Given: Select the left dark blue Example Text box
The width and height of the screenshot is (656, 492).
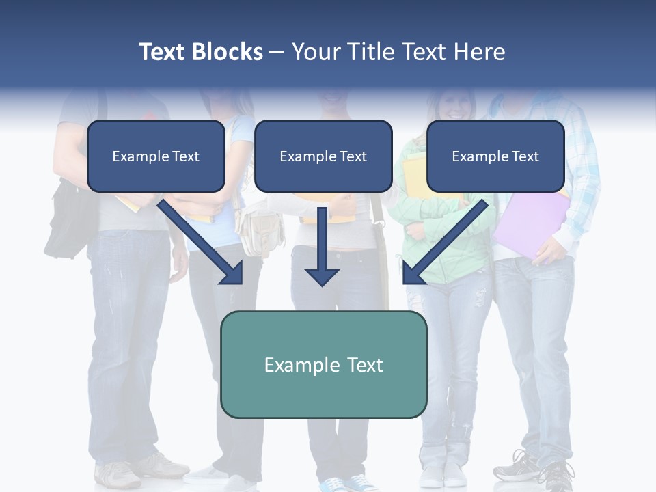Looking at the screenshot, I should [x=156, y=156].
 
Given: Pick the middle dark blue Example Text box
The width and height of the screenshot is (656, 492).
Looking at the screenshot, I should [x=323, y=156].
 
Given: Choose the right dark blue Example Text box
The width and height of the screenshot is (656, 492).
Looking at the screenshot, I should [x=495, y=156].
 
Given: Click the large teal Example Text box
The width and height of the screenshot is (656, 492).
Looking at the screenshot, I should [x=323, y=364].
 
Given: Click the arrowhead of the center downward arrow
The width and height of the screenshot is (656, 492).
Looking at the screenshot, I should [x=322, y=276].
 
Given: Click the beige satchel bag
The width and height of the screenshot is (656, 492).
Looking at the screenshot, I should [x=261, y=230].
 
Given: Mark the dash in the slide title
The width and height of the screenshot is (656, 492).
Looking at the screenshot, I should [x=277, y=53].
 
